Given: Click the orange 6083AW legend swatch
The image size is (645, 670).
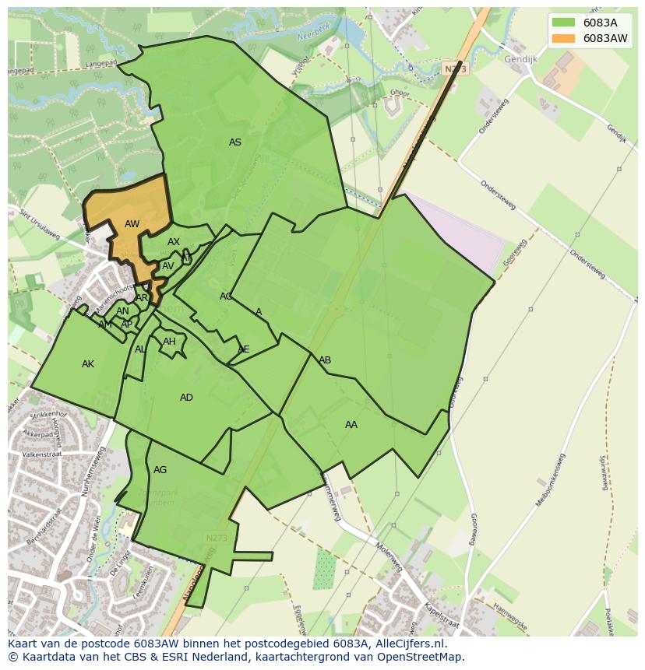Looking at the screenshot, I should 562,38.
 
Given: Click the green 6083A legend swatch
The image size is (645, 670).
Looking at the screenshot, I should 562,23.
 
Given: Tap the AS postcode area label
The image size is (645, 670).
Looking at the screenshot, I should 234,142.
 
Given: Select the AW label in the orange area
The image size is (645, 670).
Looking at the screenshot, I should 132,224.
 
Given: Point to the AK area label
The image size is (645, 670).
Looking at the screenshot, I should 88,364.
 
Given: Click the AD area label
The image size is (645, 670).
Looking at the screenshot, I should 186,398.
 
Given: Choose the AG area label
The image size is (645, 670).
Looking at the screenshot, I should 160,470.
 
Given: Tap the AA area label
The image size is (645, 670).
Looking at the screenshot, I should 351,425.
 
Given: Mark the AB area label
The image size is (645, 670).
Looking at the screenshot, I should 325,360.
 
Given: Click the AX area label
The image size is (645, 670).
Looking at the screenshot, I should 174,242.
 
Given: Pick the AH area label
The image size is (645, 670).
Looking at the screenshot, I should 169,342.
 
